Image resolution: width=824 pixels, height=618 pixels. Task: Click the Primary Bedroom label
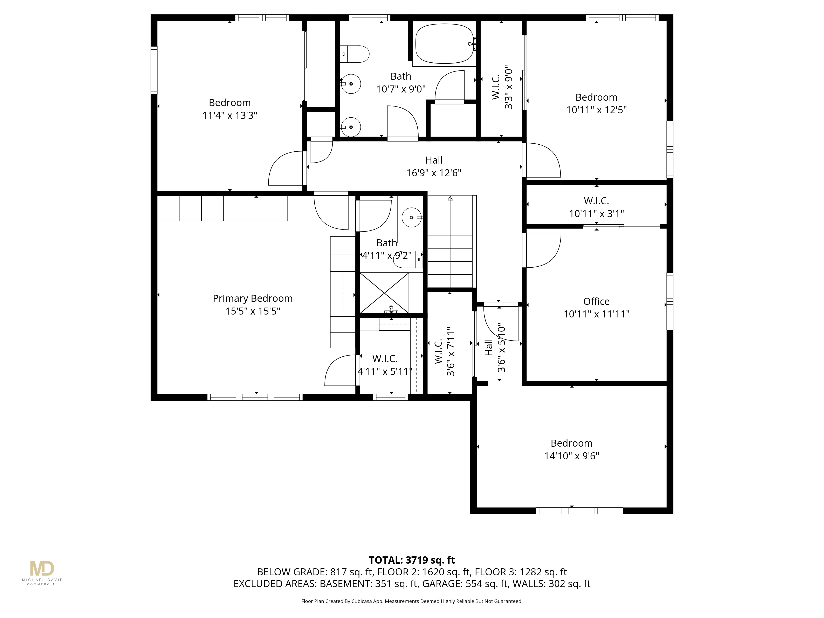(x=253, y=298)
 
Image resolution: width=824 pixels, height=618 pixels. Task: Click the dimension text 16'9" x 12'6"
(x=434, y=173)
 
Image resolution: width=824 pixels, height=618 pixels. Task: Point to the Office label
(x=596, y=301)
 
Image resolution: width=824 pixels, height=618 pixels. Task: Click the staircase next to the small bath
(x=450, y=242)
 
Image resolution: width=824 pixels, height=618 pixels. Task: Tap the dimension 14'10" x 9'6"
(x=571, y=456)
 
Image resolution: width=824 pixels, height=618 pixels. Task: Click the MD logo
(x=42, y=569)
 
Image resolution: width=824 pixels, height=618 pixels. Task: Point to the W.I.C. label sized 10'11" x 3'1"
(x=596, y=201)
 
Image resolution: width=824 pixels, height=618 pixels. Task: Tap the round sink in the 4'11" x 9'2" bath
(x=411, y=217)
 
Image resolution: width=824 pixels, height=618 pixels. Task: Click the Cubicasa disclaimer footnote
(x=412, y=601)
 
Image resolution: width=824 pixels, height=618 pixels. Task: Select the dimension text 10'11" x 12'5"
(x=596, y=110)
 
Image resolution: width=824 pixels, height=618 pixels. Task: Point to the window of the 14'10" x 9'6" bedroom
(x=579, y=511)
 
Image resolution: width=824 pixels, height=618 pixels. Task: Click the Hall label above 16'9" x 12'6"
(x=434, y=160)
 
